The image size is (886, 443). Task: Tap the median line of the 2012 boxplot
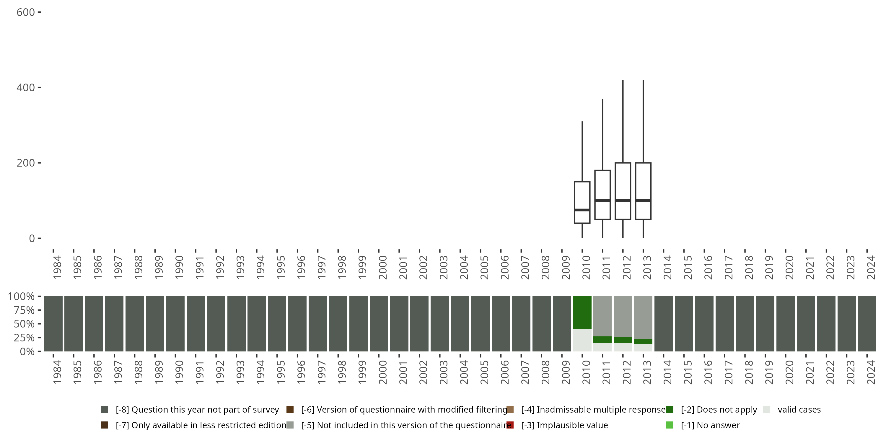point(623,200)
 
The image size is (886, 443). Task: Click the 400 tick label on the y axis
point(25,88)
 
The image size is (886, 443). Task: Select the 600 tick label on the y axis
point(25,12)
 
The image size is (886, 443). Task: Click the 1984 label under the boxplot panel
point(57,267)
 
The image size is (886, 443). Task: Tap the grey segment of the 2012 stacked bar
point(623,316)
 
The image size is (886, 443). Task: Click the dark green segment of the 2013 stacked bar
point(643,341)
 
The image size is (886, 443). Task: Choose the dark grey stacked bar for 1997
point(317,324)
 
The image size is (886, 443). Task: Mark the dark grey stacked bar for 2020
point(785,324)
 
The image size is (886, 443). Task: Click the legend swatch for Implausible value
point(510,425)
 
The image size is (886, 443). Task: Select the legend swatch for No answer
point(670,425)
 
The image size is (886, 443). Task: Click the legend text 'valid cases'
point(799,410)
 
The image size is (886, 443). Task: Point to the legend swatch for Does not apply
point(670,410)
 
